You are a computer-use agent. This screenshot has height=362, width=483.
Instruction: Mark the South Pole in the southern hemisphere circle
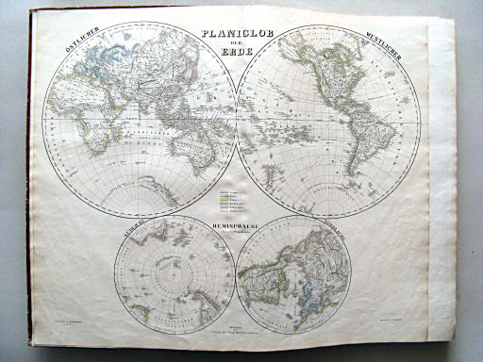pyautogui.click(x=175, y=274)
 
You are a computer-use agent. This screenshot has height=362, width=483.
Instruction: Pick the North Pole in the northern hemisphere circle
pyautogui.click(x=294, y=274)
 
